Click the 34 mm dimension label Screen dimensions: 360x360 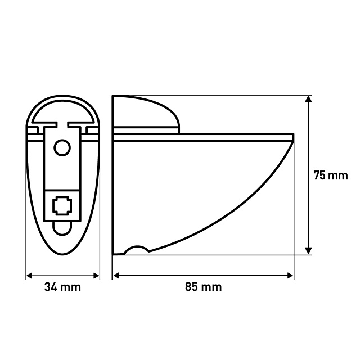point(62,287)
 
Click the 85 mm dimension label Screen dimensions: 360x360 point(204,287)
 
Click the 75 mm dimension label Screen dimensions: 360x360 point(331,175)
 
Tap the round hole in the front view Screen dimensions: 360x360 point(62,147)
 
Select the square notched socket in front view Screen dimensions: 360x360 point(62,205)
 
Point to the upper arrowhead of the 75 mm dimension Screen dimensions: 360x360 point(308,99)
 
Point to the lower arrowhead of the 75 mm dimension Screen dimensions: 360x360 point(308,250)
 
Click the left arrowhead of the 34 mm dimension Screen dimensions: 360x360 point(29,276)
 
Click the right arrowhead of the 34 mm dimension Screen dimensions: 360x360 point(96,276)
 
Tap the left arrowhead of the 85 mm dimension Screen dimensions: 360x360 point(116,276)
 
